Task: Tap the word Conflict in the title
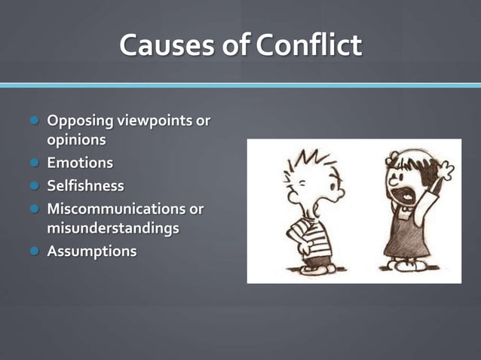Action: [x=308, y=46]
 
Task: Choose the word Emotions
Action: [x=80, y=163]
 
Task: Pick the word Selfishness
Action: [x=85, y=185]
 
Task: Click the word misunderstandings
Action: [x=113, y=227]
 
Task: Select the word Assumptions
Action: [x=92, y=252]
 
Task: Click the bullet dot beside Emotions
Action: [x=34, y=163]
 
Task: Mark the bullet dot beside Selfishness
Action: [x=34, y=185]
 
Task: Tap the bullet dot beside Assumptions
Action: [x=34, y=252]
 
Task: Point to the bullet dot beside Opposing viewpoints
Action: [x=34, y=121]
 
